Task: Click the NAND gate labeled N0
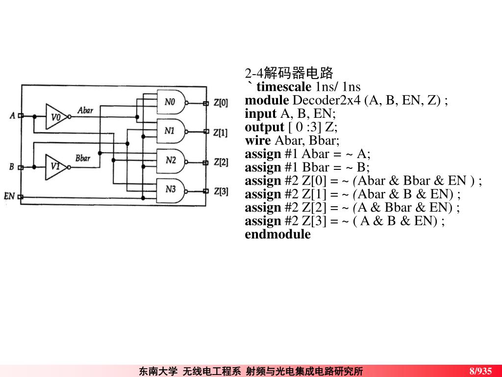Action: (172, 103)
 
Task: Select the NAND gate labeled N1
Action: (172, 131)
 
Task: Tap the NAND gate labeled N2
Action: (172, 160)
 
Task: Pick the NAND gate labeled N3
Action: (172, 189)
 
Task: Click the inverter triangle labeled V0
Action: (56, 117)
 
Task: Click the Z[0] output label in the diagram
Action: (220, 103)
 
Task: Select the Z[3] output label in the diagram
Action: (220, 191)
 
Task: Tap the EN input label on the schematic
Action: (9, 196)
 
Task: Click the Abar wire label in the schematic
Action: (85, 110)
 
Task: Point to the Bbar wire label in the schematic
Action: (83, 158)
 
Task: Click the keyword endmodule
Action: (277, 234)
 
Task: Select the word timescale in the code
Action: (283, 87)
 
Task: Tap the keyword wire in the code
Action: (258, 140)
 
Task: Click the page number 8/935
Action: (480, 371)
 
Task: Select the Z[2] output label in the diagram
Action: (220, 162)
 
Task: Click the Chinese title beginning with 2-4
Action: (289, 74)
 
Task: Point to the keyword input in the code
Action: (261, 114)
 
